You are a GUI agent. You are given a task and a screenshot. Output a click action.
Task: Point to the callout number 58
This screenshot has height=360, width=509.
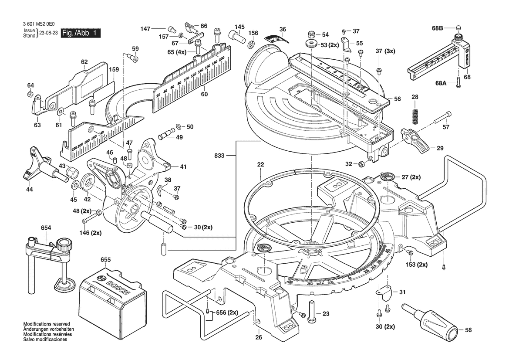tap(468, 330)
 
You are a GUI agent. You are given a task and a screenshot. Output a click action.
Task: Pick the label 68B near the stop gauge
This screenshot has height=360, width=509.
tap(437, 28)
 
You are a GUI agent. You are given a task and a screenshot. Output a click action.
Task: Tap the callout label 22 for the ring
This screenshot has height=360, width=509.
tap(260, 165)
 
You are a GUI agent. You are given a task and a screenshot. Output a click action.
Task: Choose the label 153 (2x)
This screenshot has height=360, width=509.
tap(417, 265)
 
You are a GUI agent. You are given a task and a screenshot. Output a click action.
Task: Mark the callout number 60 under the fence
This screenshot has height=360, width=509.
tap(204, 94)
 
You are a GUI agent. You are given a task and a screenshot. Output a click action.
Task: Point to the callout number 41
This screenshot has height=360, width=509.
tap(183, 166)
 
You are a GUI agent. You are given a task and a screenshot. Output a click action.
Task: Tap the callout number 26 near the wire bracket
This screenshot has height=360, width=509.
tap(258, 337)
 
